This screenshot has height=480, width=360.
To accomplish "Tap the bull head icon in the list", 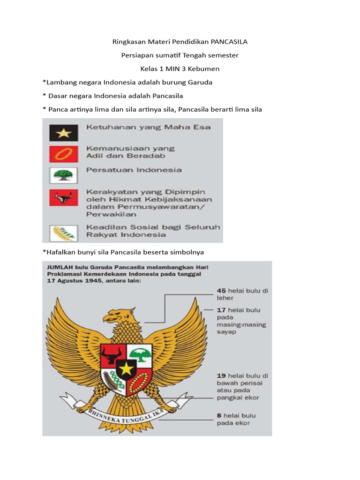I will pos(63,197).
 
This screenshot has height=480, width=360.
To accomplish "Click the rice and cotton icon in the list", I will pos(63,232).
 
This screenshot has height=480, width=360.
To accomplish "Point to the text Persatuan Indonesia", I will pos(134,170).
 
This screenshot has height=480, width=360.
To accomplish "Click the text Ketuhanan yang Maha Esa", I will pos(148,127).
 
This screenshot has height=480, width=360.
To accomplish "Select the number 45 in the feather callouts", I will pos(221,291).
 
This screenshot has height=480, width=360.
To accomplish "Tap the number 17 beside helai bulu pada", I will pos(221,310).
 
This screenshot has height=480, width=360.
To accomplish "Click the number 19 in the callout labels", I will pos(222,375).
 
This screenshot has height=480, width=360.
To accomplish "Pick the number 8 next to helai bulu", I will pos(219,415).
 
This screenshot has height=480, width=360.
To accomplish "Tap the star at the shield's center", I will pos(126,369).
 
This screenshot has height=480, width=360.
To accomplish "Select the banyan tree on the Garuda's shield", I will pos(140,354).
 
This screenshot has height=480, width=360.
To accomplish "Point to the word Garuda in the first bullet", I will pos(200,82).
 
